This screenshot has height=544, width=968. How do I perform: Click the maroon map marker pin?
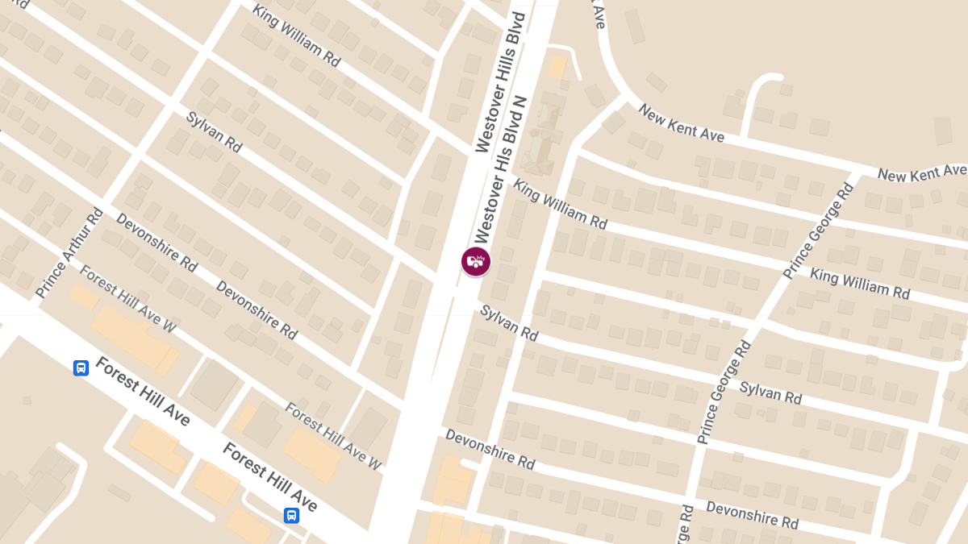tap(476, 261)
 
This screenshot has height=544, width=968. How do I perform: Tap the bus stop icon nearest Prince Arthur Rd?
tap(81, 368)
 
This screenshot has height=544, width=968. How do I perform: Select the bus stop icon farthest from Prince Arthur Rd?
tap(291, 515)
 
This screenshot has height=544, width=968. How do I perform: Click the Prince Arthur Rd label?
tap(70, 253)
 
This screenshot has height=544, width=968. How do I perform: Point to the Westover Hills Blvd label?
tap(500, 82)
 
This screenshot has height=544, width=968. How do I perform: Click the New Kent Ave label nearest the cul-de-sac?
tap(681, 123)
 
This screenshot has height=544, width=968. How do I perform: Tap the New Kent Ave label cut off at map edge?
tap(921, 172)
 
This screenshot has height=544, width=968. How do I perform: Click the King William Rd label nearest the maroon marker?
tap(560, 205)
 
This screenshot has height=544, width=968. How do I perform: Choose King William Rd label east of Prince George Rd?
tap(860, 284)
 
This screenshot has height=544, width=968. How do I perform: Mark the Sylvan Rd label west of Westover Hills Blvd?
tap(214, 132)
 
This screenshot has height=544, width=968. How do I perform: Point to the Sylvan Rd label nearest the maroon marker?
tap(508, 322)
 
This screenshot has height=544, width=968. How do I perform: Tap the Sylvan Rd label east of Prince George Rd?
tap(770, 392)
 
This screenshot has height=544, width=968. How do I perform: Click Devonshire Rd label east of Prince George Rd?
tap(752, 515)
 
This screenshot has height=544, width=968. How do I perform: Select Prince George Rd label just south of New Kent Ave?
tap(818, 231)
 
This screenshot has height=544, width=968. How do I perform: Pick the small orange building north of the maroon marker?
tap(557, 67)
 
